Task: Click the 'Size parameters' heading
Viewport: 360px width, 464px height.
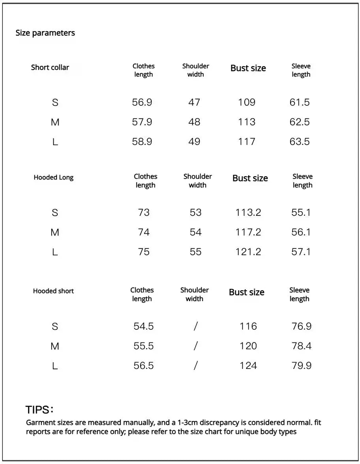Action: click(45, 33)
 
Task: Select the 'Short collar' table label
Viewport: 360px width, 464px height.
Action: click(50, 67)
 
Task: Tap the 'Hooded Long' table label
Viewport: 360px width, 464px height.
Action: click(54, 177)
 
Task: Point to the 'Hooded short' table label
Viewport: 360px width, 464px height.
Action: click(53, 291)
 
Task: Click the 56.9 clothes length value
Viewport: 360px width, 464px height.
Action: click(142, 103)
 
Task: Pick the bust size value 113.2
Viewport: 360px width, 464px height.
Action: click(248, 212)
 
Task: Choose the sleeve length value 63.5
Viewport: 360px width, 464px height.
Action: click(300, 142)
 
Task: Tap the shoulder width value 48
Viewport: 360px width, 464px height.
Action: click(194, 122)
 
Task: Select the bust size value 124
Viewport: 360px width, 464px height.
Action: click(248, 366)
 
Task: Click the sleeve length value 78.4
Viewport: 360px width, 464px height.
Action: click(302, 346)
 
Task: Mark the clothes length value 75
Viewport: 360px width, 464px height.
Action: click(144, 252)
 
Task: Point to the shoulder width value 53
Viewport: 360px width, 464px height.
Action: click(196, 212)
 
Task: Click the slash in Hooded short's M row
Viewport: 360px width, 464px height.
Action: click(195, 346)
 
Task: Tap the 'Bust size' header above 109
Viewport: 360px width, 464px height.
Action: click(248, 68)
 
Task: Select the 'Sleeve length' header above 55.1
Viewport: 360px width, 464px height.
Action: click(302, 181)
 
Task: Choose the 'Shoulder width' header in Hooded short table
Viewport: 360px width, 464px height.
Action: click(195, 294)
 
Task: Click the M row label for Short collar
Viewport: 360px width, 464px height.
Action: click(55, 122)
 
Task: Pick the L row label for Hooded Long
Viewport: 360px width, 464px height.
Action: click(55, 252)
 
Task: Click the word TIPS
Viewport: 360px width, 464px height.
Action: click(37, 410)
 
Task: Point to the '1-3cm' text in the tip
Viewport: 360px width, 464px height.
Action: click(188, 423)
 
